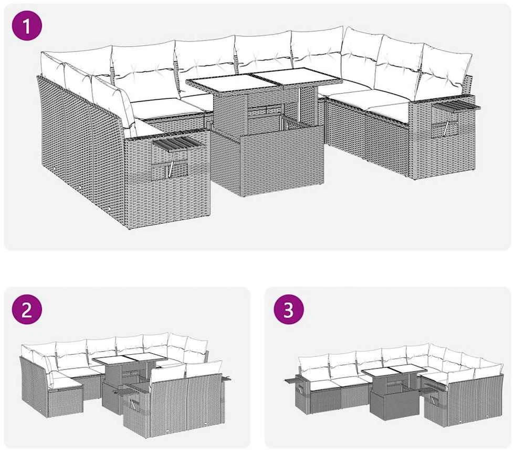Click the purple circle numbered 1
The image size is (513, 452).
point(27,25)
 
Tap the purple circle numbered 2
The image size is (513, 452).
point(27,309)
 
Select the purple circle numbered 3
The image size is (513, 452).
point(289,309)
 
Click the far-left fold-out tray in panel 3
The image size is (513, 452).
point(294,381)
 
